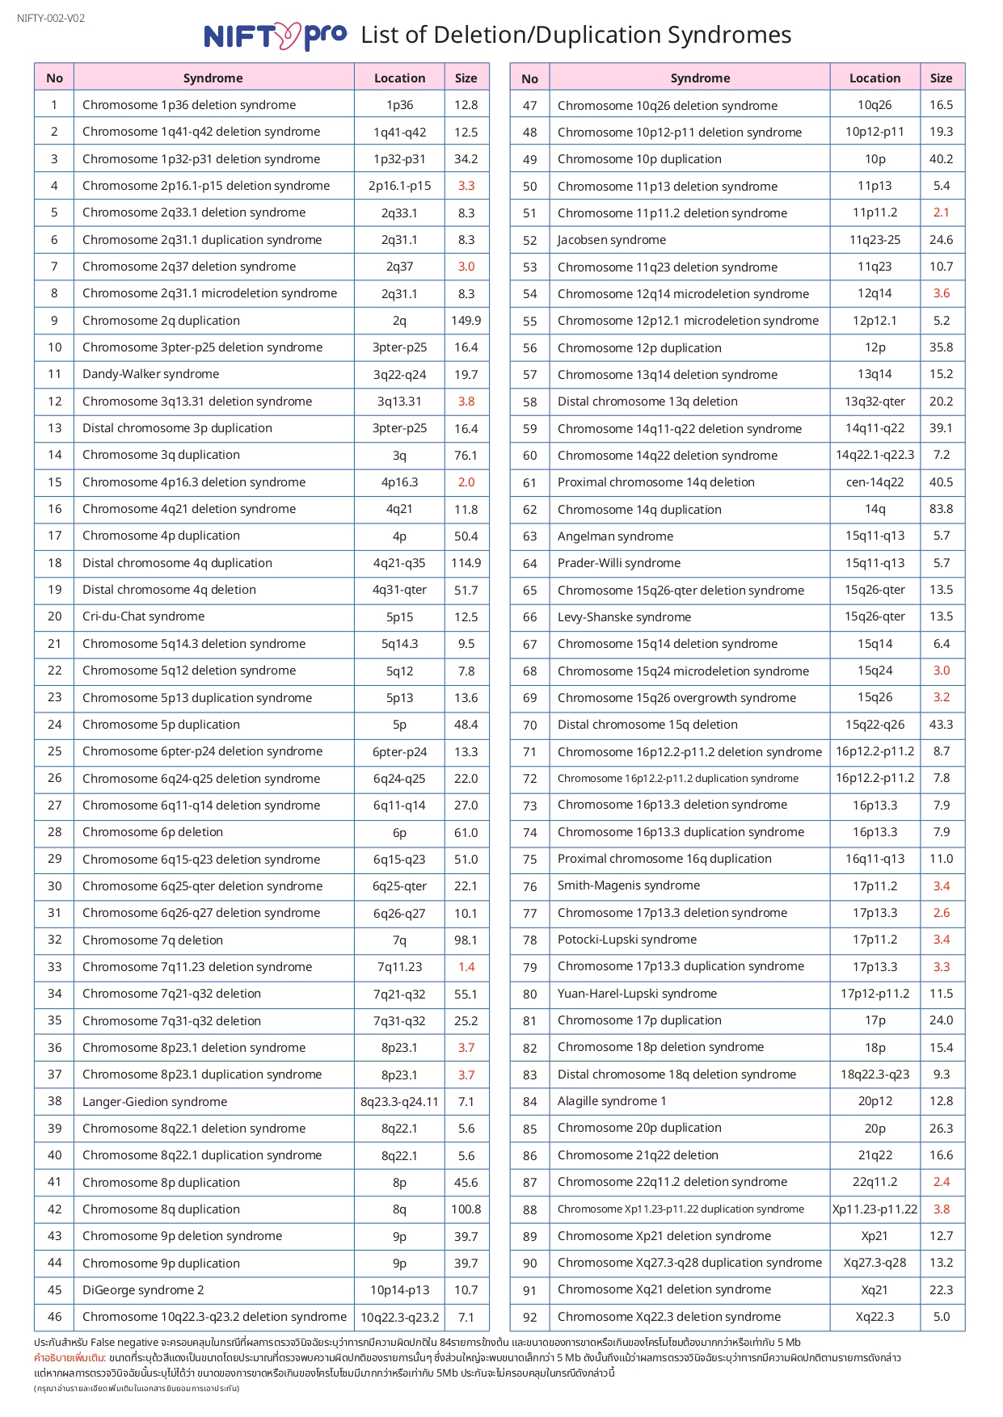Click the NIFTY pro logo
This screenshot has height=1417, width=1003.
[275, 36]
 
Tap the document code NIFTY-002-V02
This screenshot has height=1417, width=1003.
[51, 19]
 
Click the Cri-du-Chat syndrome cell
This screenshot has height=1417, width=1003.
[143, 616]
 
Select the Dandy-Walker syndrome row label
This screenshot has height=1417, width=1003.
[150, 374]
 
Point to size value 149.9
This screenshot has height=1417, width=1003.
[466, 321]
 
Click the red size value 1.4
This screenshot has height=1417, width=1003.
[466, 967]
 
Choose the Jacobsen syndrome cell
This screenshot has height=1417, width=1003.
[612, 240]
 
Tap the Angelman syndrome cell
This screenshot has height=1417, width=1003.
[615, 536]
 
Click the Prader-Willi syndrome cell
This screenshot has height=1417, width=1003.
[619, 563]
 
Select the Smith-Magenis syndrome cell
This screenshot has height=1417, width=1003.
[629, 885]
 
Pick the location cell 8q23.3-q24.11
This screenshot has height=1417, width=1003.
[399, 1102]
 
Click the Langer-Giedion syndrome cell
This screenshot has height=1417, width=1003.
[154, 1102]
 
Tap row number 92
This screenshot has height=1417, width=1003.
[529, 1317]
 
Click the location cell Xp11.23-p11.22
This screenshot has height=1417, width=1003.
[874, 1209]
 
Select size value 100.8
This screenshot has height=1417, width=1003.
[466, 1209]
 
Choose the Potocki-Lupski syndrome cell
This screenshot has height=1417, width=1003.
[627, 940]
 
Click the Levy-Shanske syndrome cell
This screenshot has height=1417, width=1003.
[624, 617]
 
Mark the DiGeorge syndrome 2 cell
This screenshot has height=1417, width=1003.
[143, 1290]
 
